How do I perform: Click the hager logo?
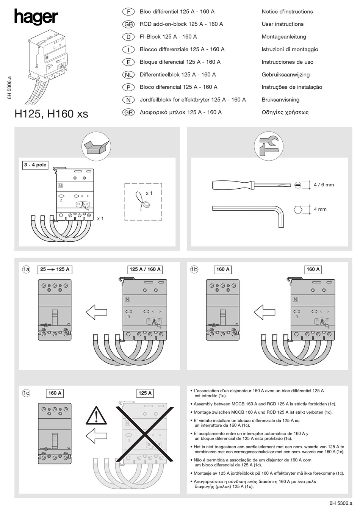(x=36, y=17)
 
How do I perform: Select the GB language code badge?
(x=129, y=24)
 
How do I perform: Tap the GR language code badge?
(x=129, y=113)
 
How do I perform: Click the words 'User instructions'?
(x=282, y=24)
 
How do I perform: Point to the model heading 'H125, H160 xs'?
(x=51, y=114)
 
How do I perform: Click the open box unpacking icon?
(x=97, y=145)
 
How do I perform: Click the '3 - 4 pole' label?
(x=35, y=165)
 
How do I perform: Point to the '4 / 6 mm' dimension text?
(x=324, y=185)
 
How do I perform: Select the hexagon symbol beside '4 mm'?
(x=298, y=209)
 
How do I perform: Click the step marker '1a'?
(x=26, y=269)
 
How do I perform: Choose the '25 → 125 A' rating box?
(x=55, y=269)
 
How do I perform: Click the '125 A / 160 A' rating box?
(x=145, y=269)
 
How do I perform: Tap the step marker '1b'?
(x=194, y=269)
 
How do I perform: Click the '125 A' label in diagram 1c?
(x=145, y=393)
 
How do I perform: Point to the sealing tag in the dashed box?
(x=143, y=203)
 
